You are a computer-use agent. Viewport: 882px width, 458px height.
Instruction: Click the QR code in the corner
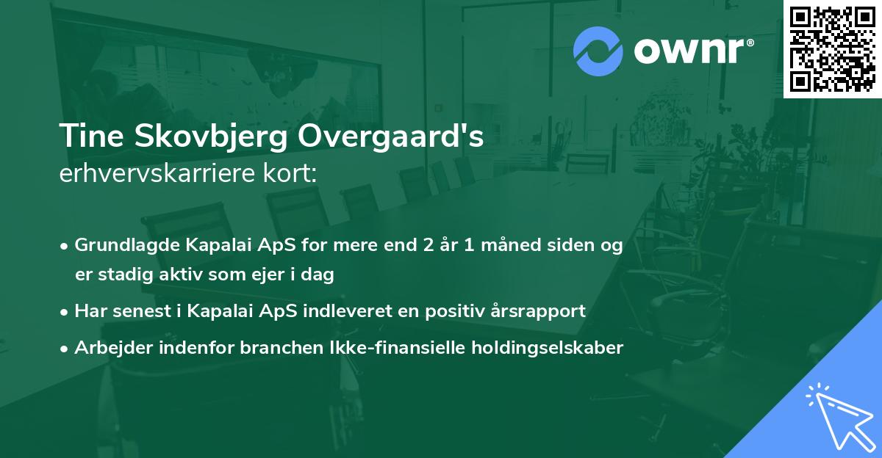point(833,48)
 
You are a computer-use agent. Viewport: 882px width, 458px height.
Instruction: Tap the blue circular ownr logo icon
point(598,51)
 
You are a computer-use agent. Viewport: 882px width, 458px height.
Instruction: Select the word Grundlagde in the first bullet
point(121,246)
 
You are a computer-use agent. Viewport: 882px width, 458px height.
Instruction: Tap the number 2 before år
point(428,246)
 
